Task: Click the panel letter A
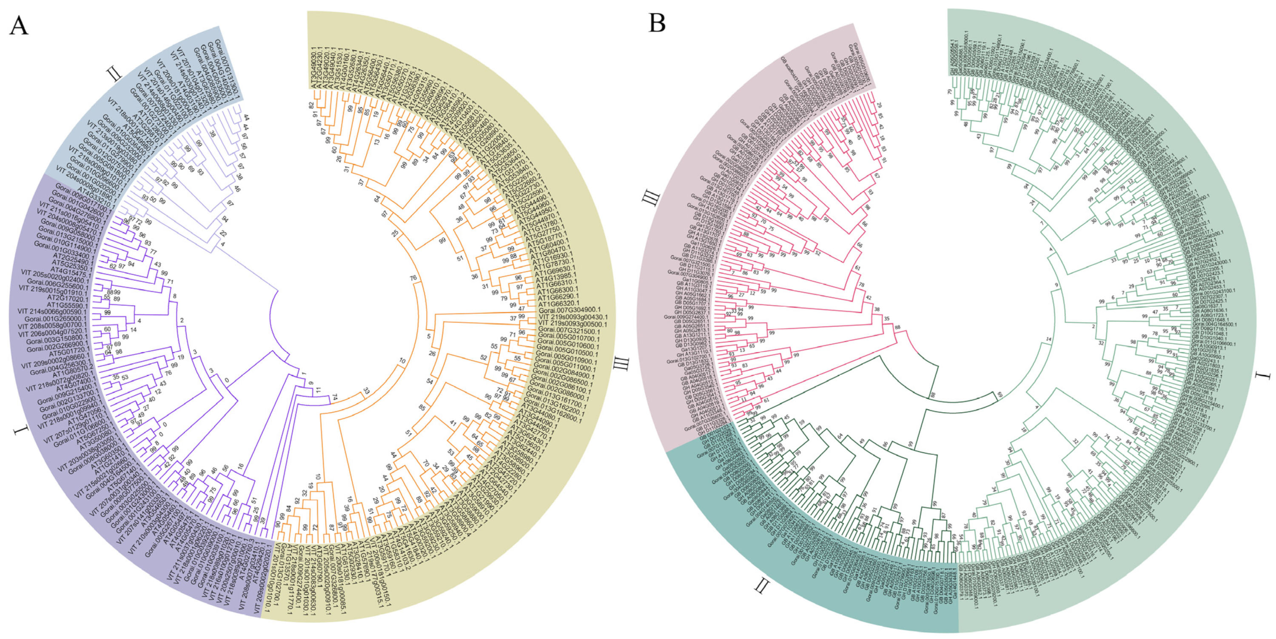(x=18, y=25)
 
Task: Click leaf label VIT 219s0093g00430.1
(x=573, y=317)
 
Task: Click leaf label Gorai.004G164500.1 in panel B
(x=1213, y=325)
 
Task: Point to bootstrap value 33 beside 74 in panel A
(x=366, y=391)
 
